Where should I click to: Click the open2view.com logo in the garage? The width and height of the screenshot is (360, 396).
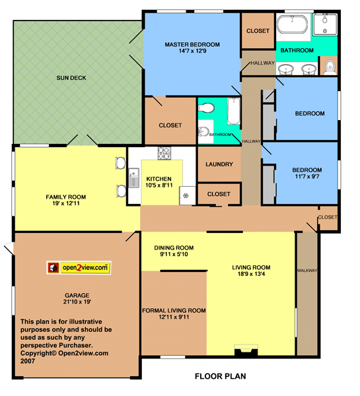[79, 268]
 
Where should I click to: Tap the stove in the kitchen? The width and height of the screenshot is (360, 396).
[164, 153]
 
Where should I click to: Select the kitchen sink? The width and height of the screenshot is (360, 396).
[133, 178]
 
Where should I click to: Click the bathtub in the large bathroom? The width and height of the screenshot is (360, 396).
[292, 24]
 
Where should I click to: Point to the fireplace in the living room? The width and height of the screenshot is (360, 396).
[246, 350]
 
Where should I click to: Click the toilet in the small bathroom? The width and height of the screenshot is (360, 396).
[206, 108]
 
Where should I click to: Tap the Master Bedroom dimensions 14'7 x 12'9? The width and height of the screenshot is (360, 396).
[192, 51]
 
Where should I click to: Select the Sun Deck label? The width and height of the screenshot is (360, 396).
[71, 78]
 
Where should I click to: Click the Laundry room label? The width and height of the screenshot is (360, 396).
[219, 164]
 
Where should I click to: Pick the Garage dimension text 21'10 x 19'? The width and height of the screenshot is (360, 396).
[77, 302]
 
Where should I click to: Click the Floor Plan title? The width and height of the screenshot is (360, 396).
[220, 376]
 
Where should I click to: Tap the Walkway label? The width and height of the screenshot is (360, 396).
[307, 271]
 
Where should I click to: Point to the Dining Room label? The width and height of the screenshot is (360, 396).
[174, 247]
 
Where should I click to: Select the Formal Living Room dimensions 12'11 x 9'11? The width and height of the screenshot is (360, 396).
[174, 317]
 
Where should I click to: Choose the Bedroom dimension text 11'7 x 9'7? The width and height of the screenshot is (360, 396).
[307, 176]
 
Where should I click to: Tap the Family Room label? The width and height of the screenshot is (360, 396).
[66, 197]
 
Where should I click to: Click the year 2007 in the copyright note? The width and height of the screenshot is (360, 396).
[28, 361]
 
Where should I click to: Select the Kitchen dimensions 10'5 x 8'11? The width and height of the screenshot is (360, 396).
[159, 185]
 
